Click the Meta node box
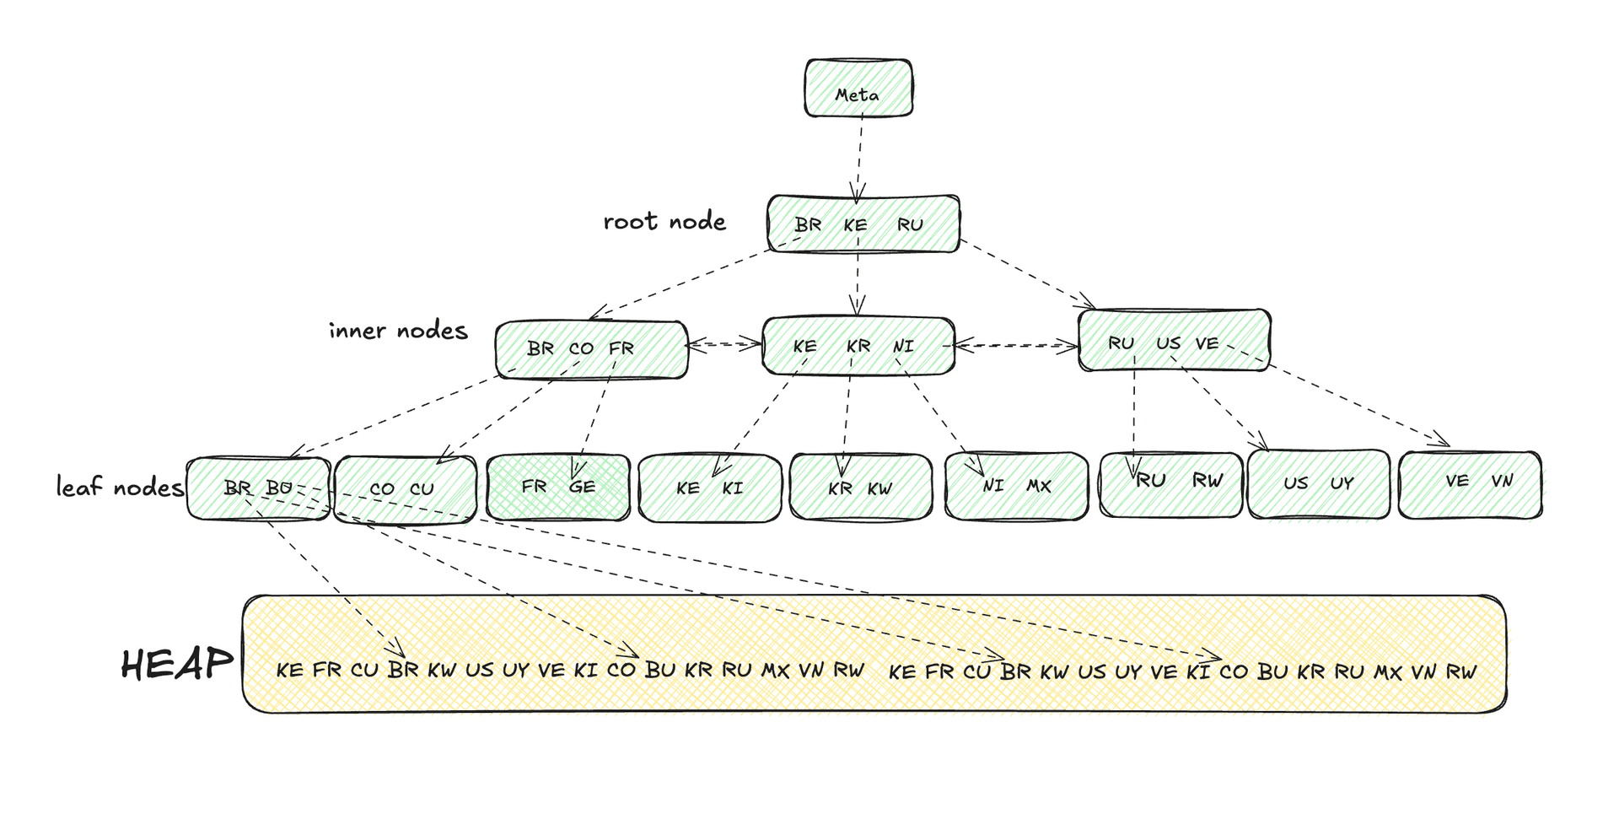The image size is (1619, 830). point(858,88)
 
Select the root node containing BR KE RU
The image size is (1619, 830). point(863,224)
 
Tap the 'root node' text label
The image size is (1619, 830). point(664,222)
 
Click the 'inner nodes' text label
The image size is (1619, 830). point(398,331)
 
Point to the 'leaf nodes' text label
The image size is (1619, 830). point(119,488)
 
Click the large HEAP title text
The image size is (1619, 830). point(176,665)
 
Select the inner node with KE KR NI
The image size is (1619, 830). point(858,346)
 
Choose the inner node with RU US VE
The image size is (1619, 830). point(1173,342)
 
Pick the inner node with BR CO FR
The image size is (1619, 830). point(591,349)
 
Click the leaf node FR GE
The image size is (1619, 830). point(558,488)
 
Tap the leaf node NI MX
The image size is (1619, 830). point(1016,487)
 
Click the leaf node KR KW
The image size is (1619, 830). point(860,488)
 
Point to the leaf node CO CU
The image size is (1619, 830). point(404,489)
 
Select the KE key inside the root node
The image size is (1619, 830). point(855,225)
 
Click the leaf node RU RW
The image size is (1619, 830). point(1170,483)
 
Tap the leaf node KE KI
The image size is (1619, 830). point(709,488)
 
